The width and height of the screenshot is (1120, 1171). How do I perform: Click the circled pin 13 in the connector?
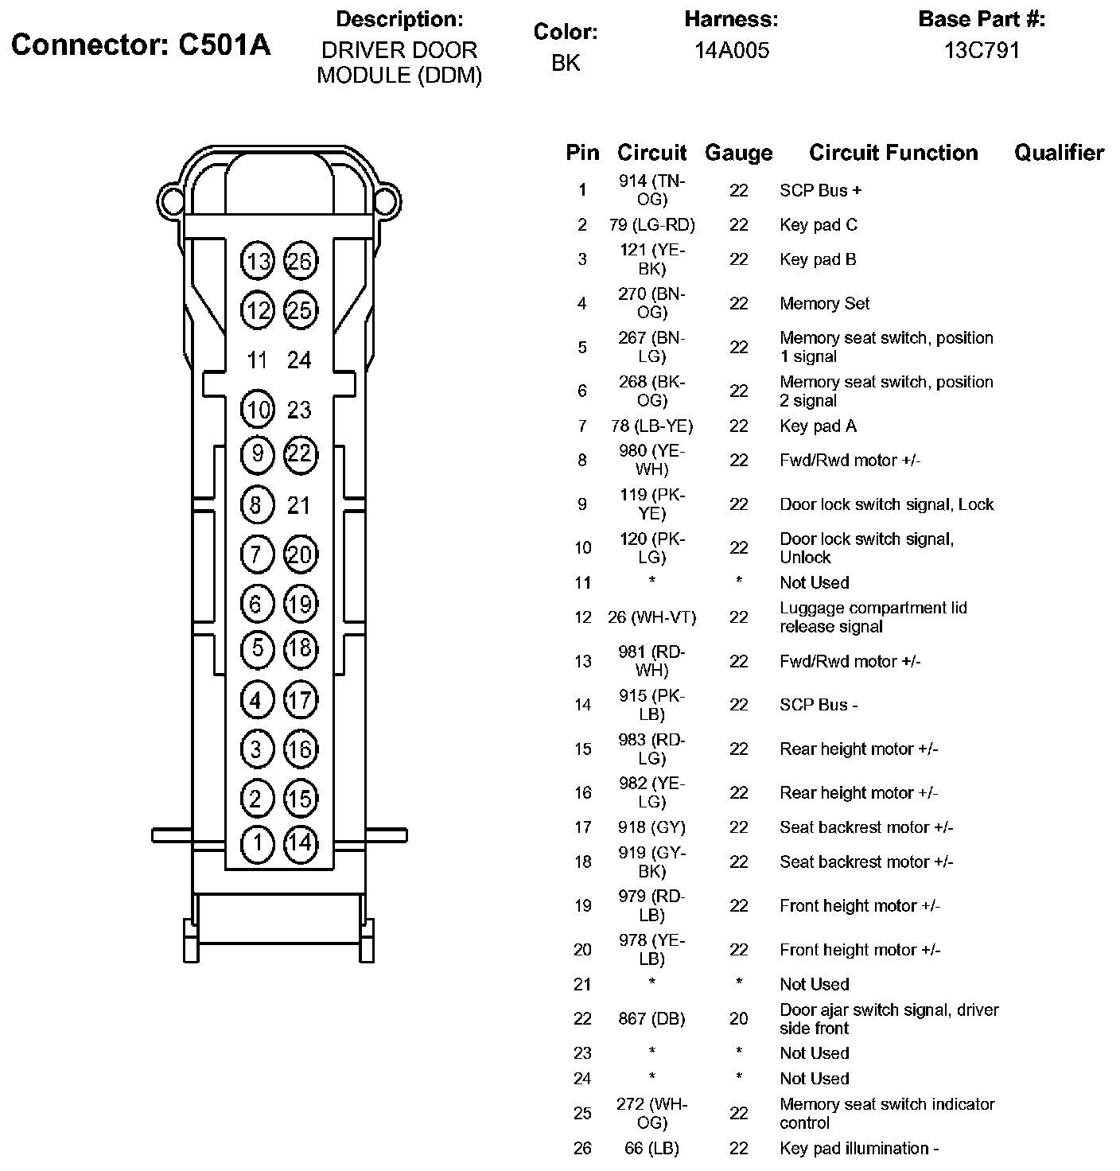[257, 262]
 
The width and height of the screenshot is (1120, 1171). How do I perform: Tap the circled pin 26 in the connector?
[300, 261]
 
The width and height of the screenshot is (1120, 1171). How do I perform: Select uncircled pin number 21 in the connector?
[299, 505]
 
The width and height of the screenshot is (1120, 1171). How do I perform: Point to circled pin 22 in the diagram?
[300, 454]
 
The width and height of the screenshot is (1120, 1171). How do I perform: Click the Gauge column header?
[738, 153]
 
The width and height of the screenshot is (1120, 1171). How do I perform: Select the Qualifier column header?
[1059, 153]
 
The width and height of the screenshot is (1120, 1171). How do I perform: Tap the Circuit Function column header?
[893, 153]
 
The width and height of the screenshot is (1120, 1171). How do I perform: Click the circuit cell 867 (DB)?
[651, 1019]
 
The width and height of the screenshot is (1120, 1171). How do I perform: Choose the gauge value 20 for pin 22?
[739, 1019]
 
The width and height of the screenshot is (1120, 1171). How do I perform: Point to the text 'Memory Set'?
[824, 304]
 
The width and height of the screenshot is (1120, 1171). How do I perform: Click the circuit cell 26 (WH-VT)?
[651, 617]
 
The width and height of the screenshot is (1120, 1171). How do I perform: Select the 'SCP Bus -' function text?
[819, 705]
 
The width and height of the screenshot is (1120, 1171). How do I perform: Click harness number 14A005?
[732, 51]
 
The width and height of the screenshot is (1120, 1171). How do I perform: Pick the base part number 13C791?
[982, 51]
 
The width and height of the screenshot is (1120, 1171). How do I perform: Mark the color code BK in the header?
[566, 63]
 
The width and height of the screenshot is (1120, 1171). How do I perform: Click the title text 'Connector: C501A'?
[141, 45]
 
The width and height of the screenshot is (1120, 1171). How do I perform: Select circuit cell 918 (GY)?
[651, 827]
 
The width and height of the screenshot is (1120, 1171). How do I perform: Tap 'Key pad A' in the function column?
[818, 426]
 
